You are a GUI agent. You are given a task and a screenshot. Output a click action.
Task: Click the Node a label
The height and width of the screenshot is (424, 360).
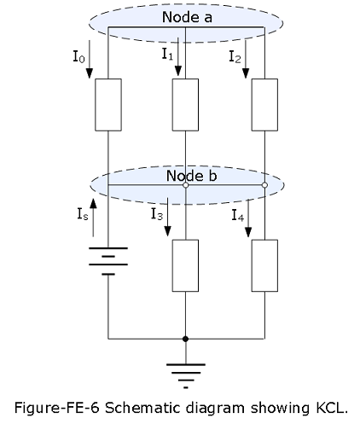(187, 17)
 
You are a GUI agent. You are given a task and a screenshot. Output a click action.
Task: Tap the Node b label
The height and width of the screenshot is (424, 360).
(191, 176)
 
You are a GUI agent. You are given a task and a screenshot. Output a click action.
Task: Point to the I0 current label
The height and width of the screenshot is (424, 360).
(78, 56)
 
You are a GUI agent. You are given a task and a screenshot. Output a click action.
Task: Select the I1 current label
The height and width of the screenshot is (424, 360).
(167, 54)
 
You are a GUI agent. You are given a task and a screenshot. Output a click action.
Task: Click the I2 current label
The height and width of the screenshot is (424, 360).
(235, 56)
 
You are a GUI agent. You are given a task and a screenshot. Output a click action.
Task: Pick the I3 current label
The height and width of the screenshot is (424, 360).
(157, 214)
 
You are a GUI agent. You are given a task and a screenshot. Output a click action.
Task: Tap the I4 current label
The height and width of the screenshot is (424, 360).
(238, 215)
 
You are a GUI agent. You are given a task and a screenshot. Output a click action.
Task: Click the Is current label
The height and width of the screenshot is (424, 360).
(83, 214)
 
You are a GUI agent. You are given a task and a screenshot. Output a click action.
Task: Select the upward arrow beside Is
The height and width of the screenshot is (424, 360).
(93, 218)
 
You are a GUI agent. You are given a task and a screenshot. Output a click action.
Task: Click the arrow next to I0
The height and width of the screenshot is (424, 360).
(90, 59)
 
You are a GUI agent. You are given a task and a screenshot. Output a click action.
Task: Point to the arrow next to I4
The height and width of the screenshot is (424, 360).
(248, 218)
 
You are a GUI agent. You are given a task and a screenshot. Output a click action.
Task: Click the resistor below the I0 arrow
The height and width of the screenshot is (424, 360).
(108, 105)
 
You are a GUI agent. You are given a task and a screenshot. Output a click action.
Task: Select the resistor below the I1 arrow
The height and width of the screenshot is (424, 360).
(185, 105)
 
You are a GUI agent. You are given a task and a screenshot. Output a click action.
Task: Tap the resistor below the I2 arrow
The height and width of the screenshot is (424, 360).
(264, 105)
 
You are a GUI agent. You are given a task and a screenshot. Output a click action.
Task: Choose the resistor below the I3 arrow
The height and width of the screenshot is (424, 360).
(185, 265)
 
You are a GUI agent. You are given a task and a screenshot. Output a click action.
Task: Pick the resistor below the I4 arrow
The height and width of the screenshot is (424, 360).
(264, 265)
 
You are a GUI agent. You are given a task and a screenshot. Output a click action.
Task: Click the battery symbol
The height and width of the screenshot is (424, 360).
(108, 261)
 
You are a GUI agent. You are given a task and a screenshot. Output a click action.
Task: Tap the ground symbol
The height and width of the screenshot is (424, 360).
(186, 375)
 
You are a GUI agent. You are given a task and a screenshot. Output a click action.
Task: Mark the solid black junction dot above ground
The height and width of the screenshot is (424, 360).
(185, 339)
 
